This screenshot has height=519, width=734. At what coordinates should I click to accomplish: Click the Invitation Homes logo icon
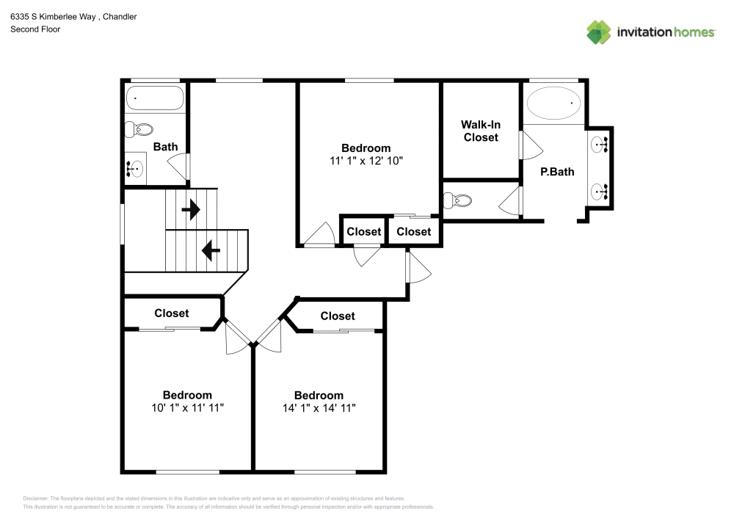(599, 32)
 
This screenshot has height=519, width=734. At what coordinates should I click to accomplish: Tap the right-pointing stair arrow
(191, 211)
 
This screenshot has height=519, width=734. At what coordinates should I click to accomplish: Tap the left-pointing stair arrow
(211, 252)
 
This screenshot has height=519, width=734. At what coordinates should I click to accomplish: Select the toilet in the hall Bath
(138, 130)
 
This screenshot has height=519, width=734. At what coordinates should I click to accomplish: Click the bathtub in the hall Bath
(154, 98)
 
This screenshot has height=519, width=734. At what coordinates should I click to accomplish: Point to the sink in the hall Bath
(134, 170)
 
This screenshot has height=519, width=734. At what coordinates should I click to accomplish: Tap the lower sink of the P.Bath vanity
(600, 192)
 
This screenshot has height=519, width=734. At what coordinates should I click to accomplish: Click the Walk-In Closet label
(480, 131)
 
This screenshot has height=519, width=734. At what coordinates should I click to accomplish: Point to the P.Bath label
(557, 173)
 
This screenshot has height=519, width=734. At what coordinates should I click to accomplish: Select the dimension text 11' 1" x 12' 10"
(366, 160)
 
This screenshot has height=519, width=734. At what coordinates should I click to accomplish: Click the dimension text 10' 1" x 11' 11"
(187, 407)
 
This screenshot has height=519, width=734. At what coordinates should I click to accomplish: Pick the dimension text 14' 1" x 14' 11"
(319, 407)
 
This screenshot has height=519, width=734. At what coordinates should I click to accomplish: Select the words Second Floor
(35, 29)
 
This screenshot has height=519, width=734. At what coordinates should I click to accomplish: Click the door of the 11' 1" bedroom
(319, 236)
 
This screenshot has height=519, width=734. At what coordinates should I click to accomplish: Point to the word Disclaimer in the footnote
(35, 498)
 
